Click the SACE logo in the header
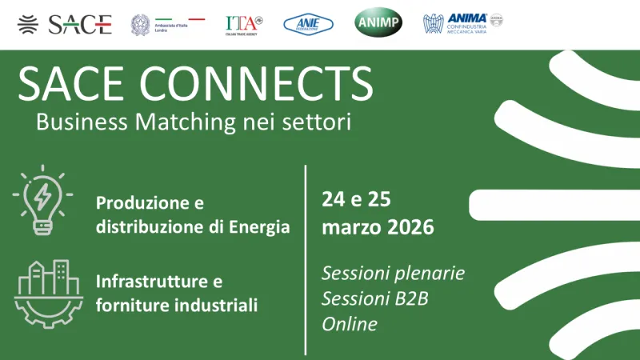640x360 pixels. click(x=65, y=24)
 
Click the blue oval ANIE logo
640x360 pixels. click(x=309, y=24)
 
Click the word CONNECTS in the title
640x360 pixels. click(x=254, y=82)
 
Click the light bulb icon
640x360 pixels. click(x=41, y=199)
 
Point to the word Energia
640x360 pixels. click(x=257, y=227)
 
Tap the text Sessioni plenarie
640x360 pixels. click(x=393, y=273)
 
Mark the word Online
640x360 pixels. click(x=349, y=323)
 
